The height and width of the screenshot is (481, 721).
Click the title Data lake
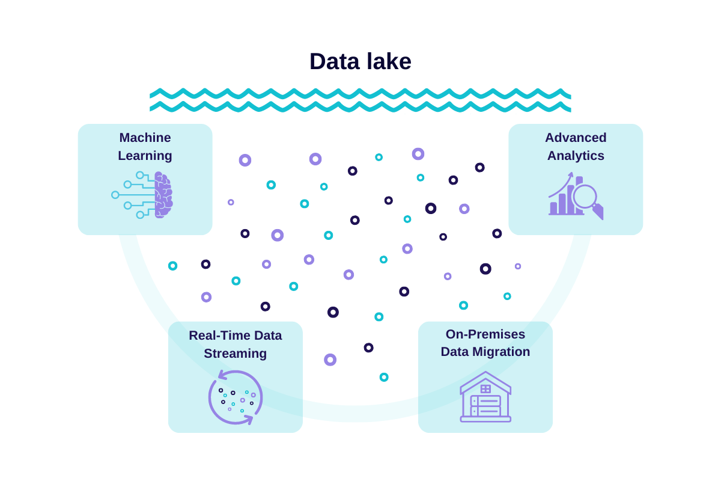pyautogui.click(x=360, y=61)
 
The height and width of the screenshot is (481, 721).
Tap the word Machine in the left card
pyautogui.click(x=145, y=138)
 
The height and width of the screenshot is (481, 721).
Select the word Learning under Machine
pyautogui.click(x=145, y=156)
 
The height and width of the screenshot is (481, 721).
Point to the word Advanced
pyautogui.click(x=576, y=138)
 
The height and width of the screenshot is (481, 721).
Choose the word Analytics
pyautogui.click(x=576, y=156)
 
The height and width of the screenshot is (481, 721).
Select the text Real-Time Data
pyautogui.click(x=235, y=335)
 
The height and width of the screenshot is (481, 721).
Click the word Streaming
pyautogui.click(x=235, y=354)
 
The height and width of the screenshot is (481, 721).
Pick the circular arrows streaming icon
pyautogui.click(x=236, y=397)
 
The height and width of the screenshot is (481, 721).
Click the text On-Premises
pyautogui.click(x=485, y=334)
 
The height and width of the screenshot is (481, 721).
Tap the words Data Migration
pyautogui.click(x=485, y=352)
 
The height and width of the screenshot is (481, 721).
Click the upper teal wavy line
pyautogui.click(x=360, y=94)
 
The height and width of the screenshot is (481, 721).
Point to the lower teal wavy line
pyautogui.click(x=360, y=107)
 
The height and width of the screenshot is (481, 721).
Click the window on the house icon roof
pyautogui.click(x=485, y=389)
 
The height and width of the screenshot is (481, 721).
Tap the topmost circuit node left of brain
pyautogui.click(x=140, y=175)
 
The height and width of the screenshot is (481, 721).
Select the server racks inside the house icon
pyautogui.click(x=485, y=406)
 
